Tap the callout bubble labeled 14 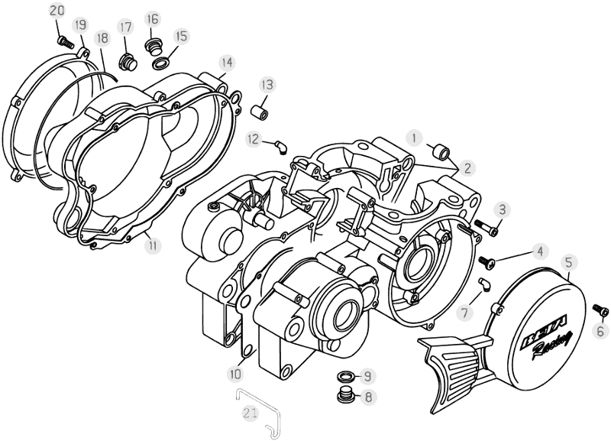click(226, 61)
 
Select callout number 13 click(266, 83)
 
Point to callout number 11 click(154, 245)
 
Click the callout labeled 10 click(235, 374)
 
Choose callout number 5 click(568, 262)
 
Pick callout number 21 click(250, 413)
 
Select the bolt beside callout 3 click(487, 226)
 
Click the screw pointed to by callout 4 click(486, 261)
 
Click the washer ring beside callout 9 click(345, 376)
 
